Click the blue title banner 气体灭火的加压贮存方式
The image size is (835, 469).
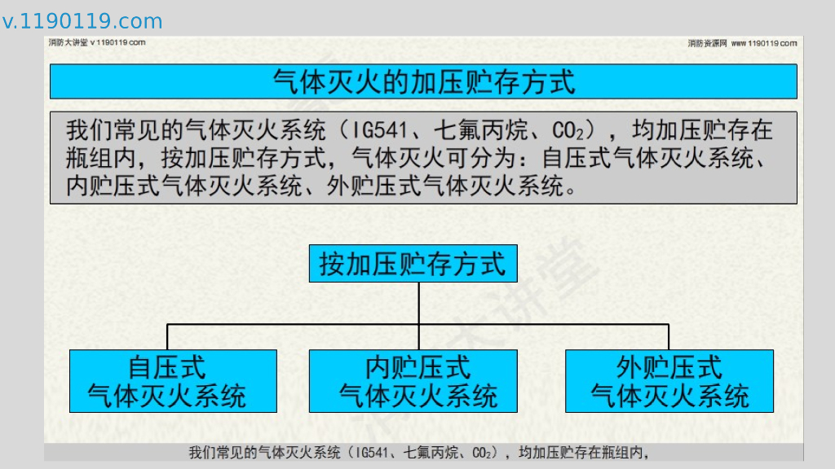tap(423, 81)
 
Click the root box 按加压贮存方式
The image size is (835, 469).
tap(413, 264)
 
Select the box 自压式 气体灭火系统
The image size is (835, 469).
tap(173, 381)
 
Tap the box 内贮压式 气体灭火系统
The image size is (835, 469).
tap(413, 381)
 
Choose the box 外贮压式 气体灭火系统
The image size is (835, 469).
tap(669, 381)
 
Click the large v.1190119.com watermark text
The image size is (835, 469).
tap(82, 21)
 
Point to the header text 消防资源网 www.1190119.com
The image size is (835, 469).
tap(742, 43)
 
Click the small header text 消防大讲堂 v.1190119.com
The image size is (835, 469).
tap(97, 42)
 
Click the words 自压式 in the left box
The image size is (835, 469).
tap(167, 367)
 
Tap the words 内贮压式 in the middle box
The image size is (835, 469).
tap(418, 367)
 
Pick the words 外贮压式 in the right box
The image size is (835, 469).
tap(669, 367)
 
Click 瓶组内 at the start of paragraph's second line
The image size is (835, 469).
tap(96, 158)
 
